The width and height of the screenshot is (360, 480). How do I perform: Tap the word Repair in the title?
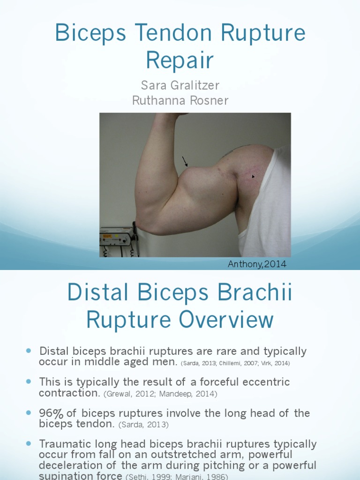tap(180, 60)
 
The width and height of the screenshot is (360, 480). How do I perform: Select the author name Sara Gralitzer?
tap(180, 86)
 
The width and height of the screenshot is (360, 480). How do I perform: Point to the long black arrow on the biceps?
tap(185, 162)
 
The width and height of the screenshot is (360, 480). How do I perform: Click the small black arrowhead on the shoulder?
tap(254, 177)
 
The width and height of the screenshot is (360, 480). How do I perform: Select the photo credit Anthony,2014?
tap(257, 264)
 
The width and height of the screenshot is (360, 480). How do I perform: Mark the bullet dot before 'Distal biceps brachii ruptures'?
tap(28, 351)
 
